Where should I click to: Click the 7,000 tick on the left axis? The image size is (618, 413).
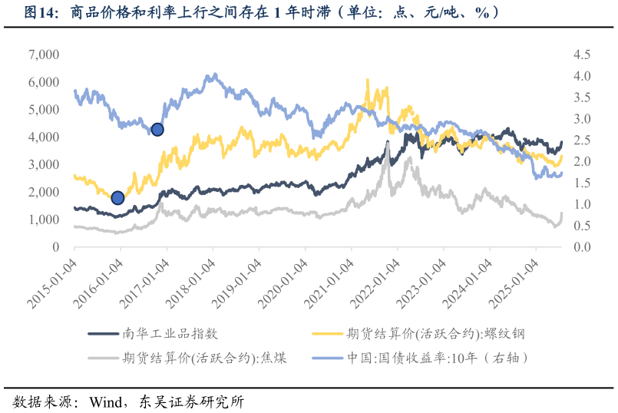44,55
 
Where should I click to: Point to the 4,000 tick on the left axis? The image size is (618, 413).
44,137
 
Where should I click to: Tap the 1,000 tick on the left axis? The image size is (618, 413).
44,220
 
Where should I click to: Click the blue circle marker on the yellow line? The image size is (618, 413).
117,198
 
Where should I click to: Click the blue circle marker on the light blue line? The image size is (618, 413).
157,130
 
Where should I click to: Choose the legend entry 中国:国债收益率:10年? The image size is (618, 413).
438,358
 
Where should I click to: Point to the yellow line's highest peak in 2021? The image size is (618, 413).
367,80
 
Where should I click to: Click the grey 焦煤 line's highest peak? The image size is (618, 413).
388,142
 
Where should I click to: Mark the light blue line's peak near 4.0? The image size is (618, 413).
215,74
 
